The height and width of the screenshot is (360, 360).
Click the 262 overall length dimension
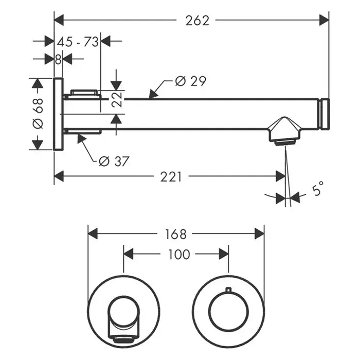[198, 20]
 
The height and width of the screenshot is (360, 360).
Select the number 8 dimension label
[58, 59]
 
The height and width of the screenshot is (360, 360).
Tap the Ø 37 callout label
[114, 161]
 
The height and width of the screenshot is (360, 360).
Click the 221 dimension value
[171, 176]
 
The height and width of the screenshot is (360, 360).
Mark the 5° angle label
[318, 188]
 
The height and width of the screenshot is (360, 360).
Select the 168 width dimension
[175, 234]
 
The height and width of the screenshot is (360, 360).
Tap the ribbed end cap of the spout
[324, 114]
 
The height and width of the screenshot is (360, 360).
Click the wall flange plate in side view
[58, 114]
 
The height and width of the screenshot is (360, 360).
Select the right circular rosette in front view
[228, 312]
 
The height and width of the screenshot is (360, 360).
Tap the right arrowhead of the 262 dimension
[325, 20]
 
